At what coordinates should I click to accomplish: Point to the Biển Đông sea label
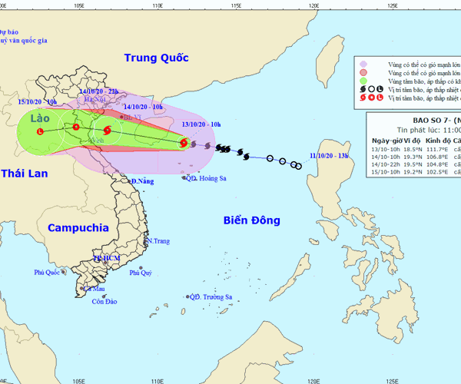pos(252,220)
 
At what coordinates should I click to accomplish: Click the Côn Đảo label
pos(104,302)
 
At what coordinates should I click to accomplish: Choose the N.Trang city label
pos(158,241)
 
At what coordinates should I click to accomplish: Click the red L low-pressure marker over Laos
pos(40,131)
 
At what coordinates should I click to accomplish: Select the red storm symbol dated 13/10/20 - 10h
pos(184,142)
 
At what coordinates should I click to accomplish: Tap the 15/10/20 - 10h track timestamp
pos(37,101)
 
